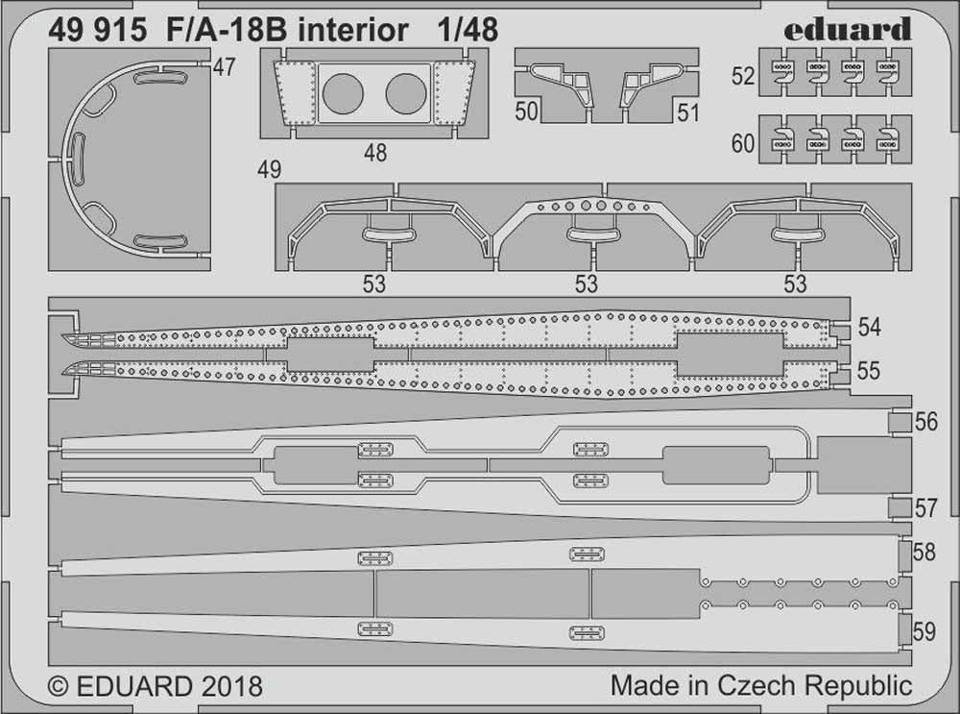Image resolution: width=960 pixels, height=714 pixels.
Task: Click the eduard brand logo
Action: click(848, 30)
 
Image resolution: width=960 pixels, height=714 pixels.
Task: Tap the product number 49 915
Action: click(97, 30)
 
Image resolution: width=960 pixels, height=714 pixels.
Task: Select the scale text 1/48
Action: click(468, 30)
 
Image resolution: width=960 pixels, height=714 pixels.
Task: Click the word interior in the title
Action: click(352, 30)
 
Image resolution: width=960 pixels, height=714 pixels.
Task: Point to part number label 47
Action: click(224, 67)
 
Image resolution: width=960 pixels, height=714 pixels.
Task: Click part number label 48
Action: click(375, 153)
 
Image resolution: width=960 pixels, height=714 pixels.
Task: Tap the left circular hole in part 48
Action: click(343, 94)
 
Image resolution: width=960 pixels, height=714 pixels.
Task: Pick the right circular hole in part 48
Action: click(406, 94)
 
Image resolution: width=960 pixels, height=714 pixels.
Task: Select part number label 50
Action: click(526, 111)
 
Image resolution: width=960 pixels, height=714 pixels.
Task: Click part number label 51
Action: click(688, 112)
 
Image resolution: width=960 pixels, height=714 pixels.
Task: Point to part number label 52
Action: click(743, 76)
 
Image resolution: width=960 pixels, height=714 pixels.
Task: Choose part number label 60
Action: click(743, 143)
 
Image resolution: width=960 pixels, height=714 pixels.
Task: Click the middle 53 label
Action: click(586, 283)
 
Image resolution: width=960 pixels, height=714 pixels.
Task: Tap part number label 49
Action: click(270, 169)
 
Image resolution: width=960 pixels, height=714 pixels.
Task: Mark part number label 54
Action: click(870, 328)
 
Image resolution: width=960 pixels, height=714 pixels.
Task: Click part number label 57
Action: click(925, 508)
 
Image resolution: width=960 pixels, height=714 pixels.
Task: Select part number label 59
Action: click(924, 631)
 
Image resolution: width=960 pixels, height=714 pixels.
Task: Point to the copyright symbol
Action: click(58, 686)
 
